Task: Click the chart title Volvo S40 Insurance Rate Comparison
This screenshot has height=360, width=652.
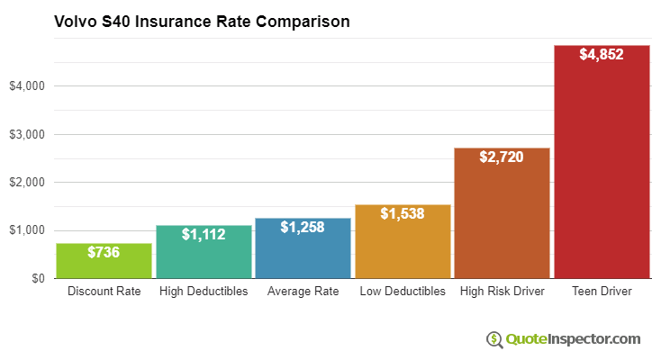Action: pos(202,20)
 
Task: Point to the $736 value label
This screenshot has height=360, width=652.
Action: pos(104,253)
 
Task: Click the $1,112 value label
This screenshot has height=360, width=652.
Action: pos(204,234)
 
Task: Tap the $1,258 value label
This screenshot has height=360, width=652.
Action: pos(303,227)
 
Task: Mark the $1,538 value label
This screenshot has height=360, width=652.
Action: pos(403,214)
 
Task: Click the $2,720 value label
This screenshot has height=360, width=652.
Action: pos(502,157)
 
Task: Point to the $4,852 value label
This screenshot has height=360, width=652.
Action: pos(602,55)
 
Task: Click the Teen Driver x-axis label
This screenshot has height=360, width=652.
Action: pos(602,292)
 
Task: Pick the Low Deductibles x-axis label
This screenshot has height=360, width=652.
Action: pos(403,292)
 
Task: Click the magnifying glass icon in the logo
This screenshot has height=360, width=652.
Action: pos(494,339)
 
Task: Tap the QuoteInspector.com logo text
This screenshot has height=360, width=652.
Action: pos(573,339)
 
